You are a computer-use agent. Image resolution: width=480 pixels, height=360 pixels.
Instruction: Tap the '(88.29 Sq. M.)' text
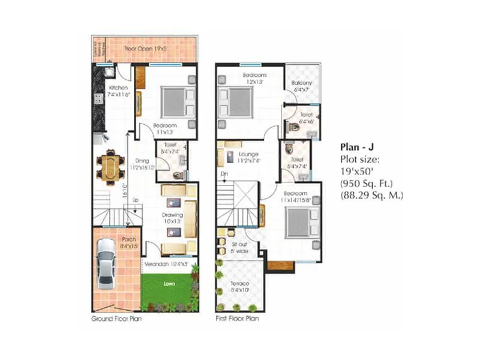(372, 195)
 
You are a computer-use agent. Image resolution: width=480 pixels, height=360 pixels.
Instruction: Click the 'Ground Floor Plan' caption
(116, 319)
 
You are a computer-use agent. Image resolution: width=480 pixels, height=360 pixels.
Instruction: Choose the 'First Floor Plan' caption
(237, 319)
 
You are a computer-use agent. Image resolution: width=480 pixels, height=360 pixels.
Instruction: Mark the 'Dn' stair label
(223, 174)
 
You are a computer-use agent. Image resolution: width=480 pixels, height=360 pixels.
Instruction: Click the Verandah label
(165, 263)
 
